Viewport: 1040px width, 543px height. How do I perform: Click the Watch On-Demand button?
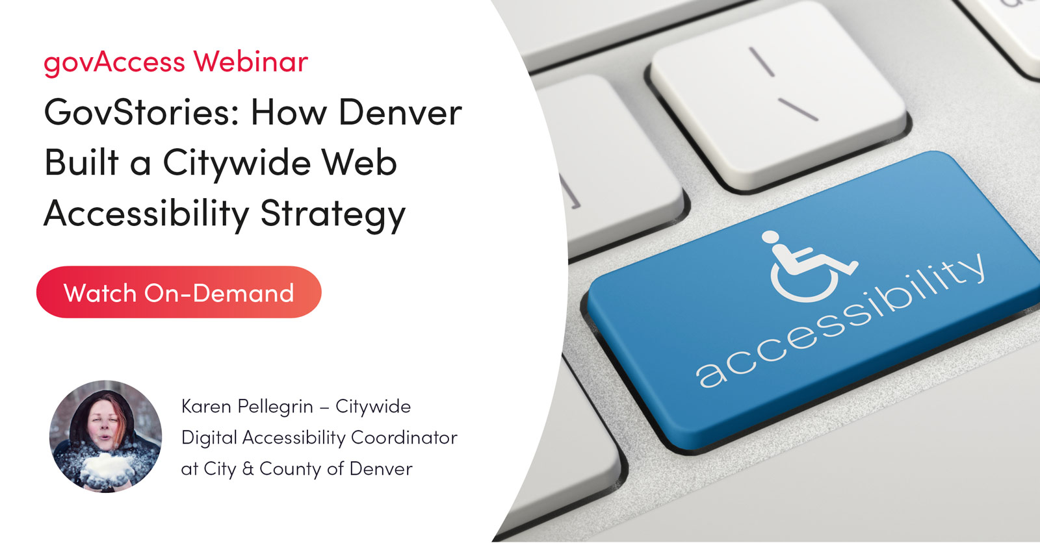tap(179, 292)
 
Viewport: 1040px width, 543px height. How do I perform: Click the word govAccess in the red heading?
tap(114, 62)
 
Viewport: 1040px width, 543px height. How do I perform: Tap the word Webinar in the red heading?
tap(250, 61)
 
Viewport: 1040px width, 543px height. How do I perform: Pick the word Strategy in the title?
tap(333, 214)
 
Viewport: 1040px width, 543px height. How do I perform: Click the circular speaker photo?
tap(105, 436)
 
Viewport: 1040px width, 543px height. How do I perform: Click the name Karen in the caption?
tap(206, 407)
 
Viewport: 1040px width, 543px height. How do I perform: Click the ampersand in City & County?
tap(248, 469)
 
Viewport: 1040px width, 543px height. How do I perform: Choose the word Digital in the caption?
tap(209, 438)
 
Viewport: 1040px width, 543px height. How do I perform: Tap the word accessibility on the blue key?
tap(841, 321)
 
